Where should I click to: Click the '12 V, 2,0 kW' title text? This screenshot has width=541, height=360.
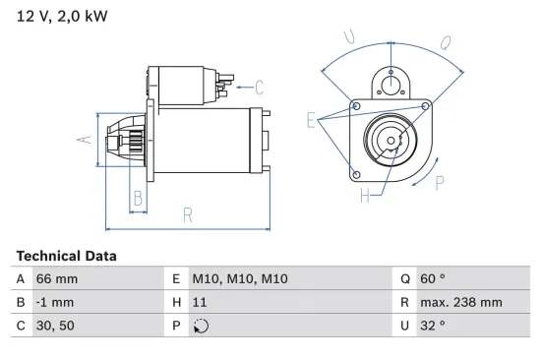pyautogui.click(x=61, y=18)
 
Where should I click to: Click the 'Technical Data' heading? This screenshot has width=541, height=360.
pyautogui.click(x=66, y=256)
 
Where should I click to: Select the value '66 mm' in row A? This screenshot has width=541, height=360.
pyautogui.click(x=56, y=278)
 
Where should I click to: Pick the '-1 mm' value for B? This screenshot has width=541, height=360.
pyautogui.click(x=55, y=302)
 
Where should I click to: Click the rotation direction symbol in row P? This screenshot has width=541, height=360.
pyautogui.click(x=204, y=326)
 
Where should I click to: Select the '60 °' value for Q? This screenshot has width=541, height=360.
pyautogui.click(x=434, y=278)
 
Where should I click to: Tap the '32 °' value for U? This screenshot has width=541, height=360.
pyautogui.click(x=433, y=326)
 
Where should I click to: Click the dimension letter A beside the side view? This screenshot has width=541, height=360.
pyautogui.click(x=86, y=140)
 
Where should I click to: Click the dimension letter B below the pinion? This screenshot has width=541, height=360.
pyautogui.click(x=139, y=198)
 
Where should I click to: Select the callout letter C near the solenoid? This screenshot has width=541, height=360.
pyautogui.click(x=260, y=86)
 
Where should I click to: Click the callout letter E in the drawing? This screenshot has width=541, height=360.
pyautogui.click(x=311, y=121)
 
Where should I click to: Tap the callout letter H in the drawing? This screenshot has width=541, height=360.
pyautogui.click(x=364, y=196)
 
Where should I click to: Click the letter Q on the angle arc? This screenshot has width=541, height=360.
pyautogui.click(x=446, y=43)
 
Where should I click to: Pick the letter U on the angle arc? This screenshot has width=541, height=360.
pyautogui.click(x=348, y=37)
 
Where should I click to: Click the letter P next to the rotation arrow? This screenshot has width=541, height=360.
pyautogui.click(x=440, y=181)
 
